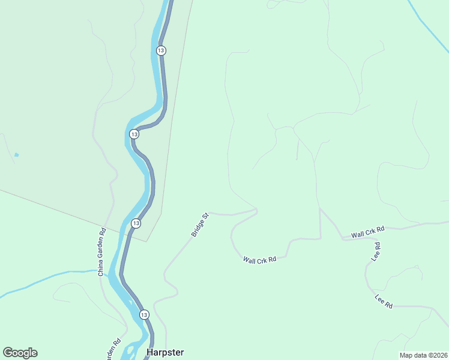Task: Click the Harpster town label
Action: click(x=165, y=352)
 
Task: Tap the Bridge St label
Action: click(x=199, y=224)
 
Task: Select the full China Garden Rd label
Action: click(x=101, y=250)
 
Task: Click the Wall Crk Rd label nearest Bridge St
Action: click(x=259, y=260)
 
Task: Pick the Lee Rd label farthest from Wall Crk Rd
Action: click(x=384, y=302)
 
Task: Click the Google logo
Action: click(x=20, y=353)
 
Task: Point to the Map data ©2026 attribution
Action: click(x=423, y=355)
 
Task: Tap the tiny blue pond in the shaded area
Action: click(x=16, y=155)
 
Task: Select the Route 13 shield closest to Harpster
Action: click(x=144, y=314)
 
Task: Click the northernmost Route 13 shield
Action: click(x=161, y=50)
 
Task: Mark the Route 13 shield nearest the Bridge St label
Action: click(x=136, y=223)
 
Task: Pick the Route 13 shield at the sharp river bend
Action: click(x=134, y=134)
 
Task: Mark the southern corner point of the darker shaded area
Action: click(x=147, y=241)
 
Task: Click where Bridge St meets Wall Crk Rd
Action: click(x=257, y=210)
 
